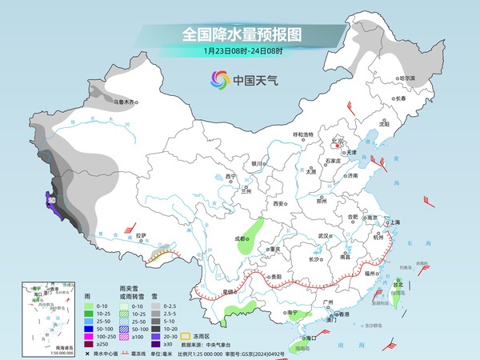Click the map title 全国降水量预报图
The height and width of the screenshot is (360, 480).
point(240,34)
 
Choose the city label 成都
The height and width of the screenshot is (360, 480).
point(242,238)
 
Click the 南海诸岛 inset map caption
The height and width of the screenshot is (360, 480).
point(35,346)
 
